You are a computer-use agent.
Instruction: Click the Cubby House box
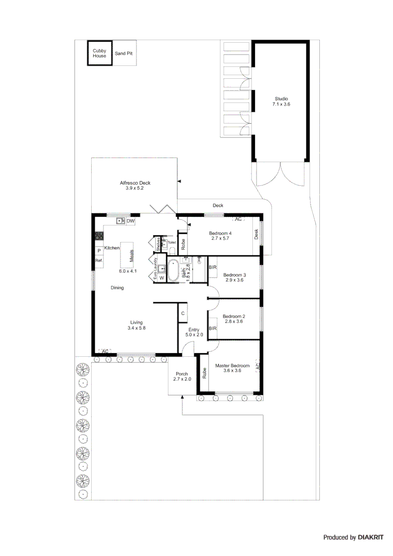99,53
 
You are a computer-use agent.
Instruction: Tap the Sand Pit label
124,53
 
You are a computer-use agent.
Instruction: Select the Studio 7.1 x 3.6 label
281,101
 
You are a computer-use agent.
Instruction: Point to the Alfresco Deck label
135,185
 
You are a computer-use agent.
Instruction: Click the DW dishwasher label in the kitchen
130,221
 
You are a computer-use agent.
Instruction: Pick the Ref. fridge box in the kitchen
99,261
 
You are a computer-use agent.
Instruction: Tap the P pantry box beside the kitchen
99,251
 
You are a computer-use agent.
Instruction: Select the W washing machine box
161,278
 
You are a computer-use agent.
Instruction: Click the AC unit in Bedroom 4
238,219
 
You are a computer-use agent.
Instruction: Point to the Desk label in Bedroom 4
256,234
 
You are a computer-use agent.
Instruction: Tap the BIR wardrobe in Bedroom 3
213,268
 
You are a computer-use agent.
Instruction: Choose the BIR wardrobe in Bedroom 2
213,328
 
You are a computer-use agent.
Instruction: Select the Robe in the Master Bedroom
204,373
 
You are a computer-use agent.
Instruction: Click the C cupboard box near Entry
182,312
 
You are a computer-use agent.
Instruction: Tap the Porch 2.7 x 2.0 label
182,376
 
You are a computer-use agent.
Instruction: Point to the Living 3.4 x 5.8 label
136,325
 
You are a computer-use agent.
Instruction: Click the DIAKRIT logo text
370,537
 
